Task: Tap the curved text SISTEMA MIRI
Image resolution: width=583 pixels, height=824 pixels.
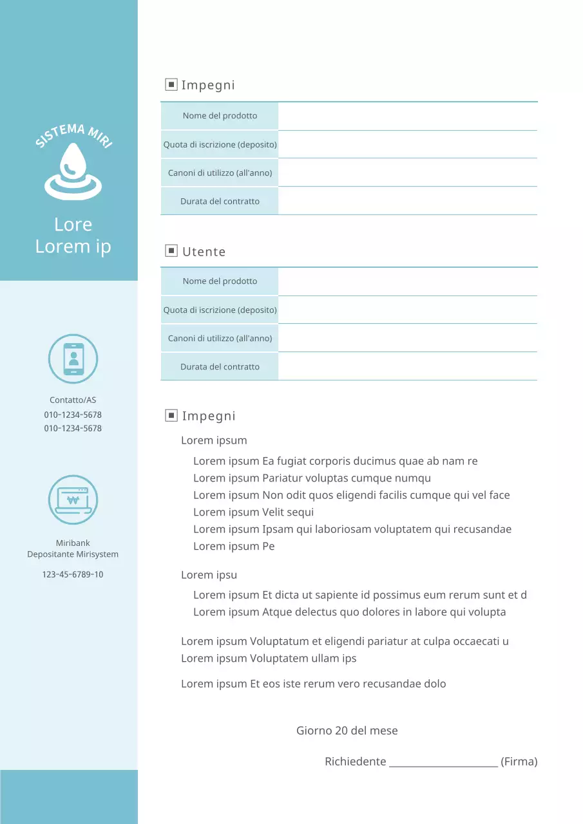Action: [x=73, y=135]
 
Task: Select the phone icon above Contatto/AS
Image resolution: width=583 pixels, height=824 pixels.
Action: [x=73, y=359]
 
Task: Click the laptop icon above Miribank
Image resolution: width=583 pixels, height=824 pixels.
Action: [x=73, y=500]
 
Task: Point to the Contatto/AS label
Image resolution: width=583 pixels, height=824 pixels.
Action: [x=73, y=400]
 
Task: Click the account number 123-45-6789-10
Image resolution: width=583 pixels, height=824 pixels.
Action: [x=73, y=574]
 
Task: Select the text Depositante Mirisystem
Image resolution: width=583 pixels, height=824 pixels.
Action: [x=73, y=554]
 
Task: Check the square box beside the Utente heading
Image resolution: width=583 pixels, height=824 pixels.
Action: [x=171, y=250]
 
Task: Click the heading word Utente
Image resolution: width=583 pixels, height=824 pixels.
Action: [x=204, y=252]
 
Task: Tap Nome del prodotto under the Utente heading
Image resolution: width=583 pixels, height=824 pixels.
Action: [x=220, y=281]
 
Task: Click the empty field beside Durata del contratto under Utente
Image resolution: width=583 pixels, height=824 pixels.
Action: [x=407, y=366]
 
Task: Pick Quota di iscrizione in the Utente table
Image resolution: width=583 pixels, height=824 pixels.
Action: [x=220, y=310]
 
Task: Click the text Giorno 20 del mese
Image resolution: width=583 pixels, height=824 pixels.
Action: [x=347, y=731]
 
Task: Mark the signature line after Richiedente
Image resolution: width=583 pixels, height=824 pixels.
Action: [x=443, y=762]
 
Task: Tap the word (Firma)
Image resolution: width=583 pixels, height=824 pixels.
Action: [x=519, y=762]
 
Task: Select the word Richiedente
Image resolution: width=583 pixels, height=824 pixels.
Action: [x=355, y=762]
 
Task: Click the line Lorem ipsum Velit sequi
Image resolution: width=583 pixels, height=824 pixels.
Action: [x=254, y=512]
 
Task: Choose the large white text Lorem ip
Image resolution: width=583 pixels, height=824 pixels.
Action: [x=73, y=247]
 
